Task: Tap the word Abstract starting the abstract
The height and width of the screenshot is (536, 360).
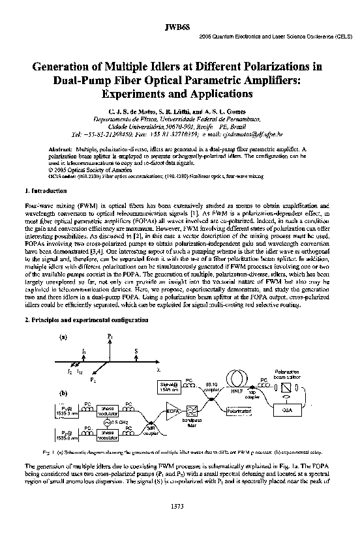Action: point(61,150)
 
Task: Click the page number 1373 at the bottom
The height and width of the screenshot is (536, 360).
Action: point(179,506)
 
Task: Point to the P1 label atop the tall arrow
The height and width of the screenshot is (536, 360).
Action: point(110,335)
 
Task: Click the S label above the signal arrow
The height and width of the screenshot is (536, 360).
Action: point(136,350)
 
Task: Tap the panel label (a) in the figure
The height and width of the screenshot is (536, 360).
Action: point(63,337)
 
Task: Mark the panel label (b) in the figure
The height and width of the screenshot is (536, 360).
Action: point(63,394)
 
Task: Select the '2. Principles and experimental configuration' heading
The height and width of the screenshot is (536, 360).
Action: point(85,320)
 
